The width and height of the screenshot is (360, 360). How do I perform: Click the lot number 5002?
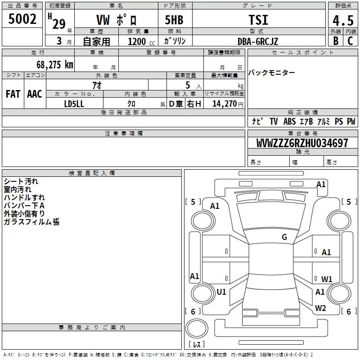click(22, 19)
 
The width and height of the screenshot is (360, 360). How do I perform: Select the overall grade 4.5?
click(343, 20)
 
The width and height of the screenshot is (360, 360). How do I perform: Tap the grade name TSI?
click(258, 20)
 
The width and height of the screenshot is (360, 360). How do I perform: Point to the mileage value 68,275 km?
click(55, 65)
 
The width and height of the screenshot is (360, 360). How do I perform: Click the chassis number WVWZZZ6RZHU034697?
click(302, 143)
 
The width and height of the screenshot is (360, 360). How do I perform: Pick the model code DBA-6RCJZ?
click(257, 41)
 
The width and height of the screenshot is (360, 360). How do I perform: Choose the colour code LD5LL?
click(74, 104)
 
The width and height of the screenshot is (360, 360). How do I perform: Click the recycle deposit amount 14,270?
click(225, 103)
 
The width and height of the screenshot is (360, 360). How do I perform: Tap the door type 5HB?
click(174, 20)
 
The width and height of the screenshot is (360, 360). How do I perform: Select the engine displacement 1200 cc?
click(141, 41)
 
